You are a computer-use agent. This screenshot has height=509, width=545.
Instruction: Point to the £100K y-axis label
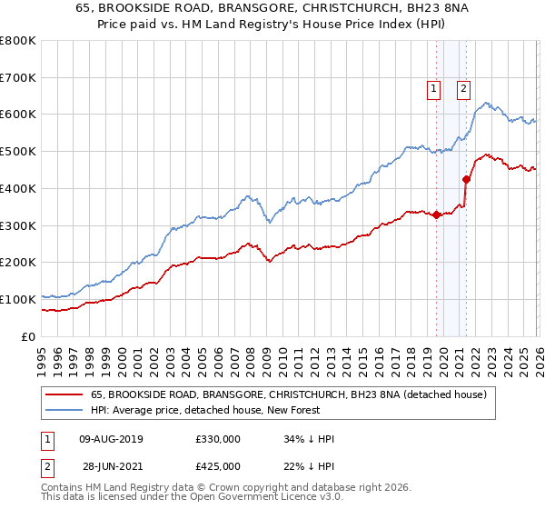(18, 299)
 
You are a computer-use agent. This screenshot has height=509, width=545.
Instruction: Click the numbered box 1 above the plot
(433, 88)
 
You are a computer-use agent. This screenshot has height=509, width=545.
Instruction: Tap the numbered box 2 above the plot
(463, 88)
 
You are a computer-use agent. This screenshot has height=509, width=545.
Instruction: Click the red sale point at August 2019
(436, 215)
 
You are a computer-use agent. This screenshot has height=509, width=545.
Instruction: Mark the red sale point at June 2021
(467, 180)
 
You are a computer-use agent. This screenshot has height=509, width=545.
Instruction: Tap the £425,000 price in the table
(217, 466)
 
